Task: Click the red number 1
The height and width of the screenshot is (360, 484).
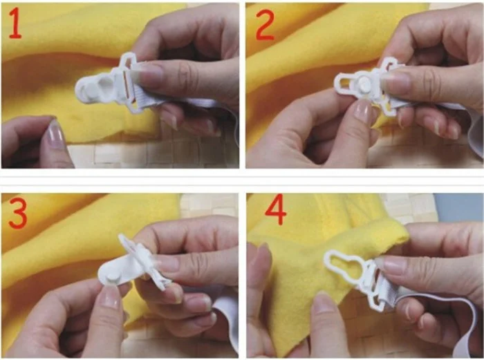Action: click(x=15, y=23)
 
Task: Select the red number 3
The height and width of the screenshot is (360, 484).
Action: click(x=18, y=213)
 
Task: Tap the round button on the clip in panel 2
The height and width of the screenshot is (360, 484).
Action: click(x=364, y=84)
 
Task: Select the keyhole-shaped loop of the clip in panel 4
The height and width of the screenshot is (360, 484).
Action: click(x=343, y=264)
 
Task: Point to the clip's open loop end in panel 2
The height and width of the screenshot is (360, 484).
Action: click(x=343, y=82)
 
